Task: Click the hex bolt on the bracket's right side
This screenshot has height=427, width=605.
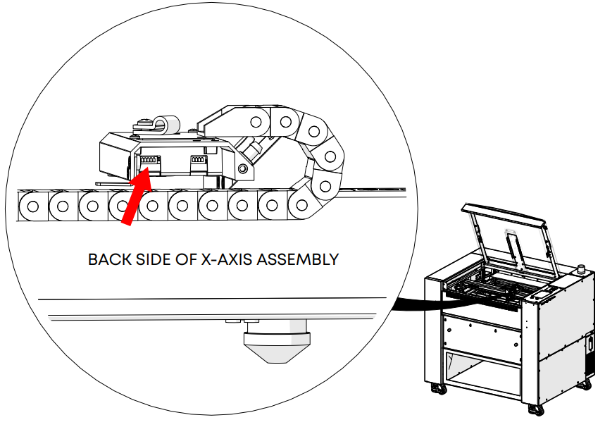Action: (243, 168)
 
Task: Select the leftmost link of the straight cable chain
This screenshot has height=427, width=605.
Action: (32, 207)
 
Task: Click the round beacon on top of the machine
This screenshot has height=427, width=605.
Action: (582, 269)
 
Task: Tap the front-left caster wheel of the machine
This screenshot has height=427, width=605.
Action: (439, 388)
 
